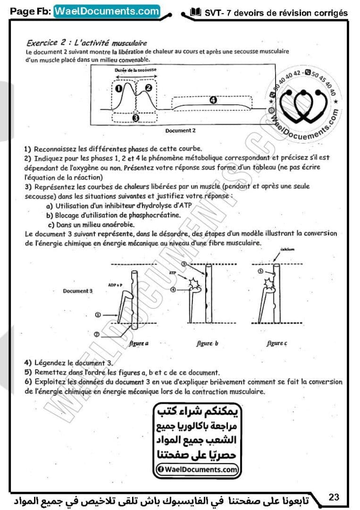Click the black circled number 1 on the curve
(x=119, y=88)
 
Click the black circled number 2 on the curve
(x=149, y=87)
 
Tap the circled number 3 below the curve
(x=136, y=118)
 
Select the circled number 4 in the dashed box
(x=213, y=100)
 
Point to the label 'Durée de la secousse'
(x=135, y=70)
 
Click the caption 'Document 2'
(x=181, y=130)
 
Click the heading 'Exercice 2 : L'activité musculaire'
(x=87, y=43)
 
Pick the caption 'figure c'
(x=276, y=344)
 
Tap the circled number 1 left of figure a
(x=98, y=314)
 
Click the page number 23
(x=334, y=497)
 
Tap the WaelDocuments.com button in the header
(x=107, y=11)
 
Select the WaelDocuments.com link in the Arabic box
(x=196, y=469)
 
